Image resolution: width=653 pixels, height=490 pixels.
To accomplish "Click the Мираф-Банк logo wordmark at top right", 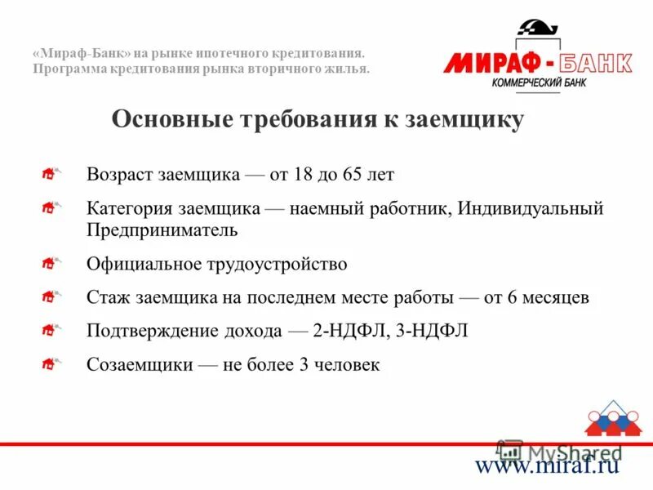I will [x=538, y=63].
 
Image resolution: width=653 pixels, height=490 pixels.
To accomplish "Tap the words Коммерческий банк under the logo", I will [x=540, y=83].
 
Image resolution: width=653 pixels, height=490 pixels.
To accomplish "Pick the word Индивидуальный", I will [x=531, y=208].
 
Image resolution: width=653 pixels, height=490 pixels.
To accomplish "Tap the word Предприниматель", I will [x=162, y=229].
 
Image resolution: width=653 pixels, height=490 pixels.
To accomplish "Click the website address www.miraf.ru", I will [x=548, y=465].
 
